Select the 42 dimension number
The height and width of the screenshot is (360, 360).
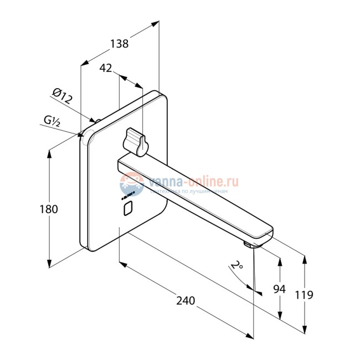click(x=106, y=68)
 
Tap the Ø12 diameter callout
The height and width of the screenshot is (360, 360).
click(x=63, y=97)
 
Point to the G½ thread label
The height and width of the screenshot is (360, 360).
click(x=52, y=120)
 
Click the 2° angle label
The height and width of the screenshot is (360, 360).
click(x=238, y=267)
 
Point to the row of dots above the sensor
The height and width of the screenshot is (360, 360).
click(x=128, y=194)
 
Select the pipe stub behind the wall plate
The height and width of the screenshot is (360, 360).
click(x=96, y=121)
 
